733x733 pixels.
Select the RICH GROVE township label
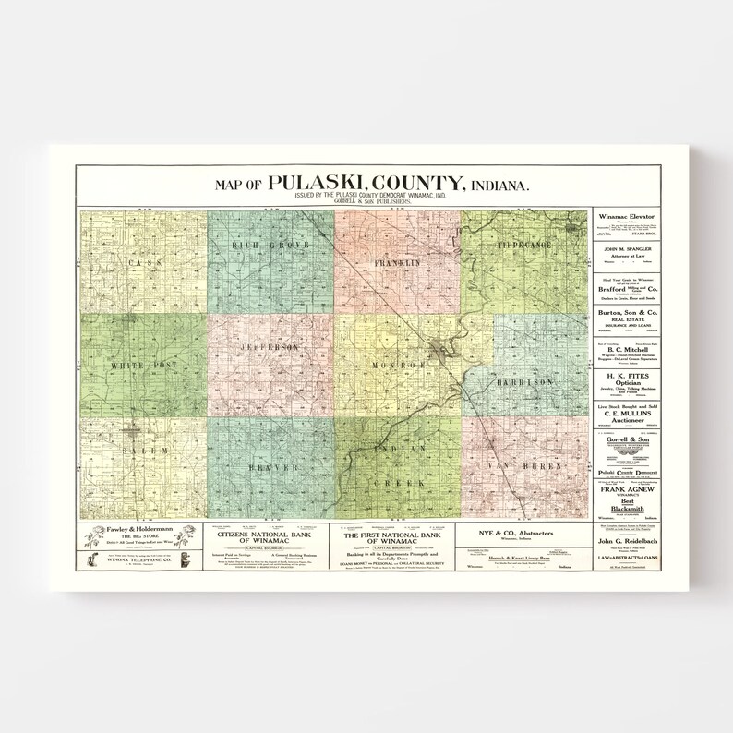[270, 246]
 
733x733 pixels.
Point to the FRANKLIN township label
[397, 264]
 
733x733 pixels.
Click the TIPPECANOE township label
[523, 246]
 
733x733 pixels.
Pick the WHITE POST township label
[142, 367]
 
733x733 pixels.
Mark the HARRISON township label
[526, 379]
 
